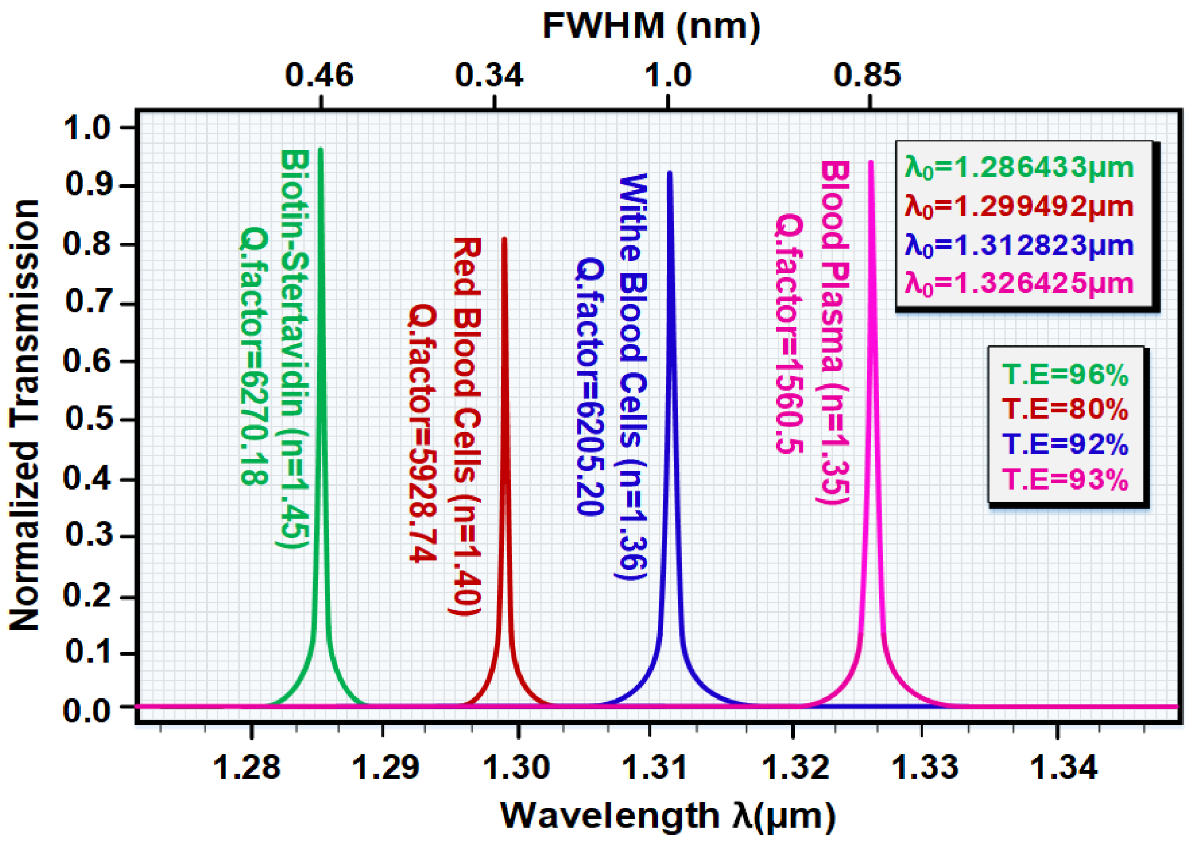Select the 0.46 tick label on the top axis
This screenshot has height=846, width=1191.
click(x=319, y=75)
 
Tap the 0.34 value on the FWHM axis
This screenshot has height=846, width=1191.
click(x=489, y=75)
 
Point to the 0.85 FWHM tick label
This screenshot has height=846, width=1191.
click(x=867, y=75)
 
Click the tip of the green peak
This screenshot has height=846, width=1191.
click(x=321, y=150)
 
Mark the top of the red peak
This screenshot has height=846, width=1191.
click(x=504, y=239)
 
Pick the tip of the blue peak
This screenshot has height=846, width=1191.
click(x=670, y=173)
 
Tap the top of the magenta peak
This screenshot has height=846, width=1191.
click(x=871, y=162)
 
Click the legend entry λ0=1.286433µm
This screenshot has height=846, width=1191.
click(x=1019, y=168)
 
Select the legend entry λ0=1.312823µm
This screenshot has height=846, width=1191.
click(x=1019, y=245)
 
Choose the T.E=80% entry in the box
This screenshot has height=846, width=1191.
click(x=1065, y=409)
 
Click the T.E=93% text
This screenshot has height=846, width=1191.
click(x=1065, y=479)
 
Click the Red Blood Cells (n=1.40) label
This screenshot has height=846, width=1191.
click(x=467, y=426)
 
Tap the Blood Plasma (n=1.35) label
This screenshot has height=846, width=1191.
click(x=834, y=332)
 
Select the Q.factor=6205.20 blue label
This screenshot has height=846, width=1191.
click(x=589, y=386)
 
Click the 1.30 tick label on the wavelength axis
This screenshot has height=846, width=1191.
click(x=516, y=767)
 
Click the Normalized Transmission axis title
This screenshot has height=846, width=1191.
click(x=24, y=415)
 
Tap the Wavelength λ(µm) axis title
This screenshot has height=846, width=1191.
click(x=667, y=815)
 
